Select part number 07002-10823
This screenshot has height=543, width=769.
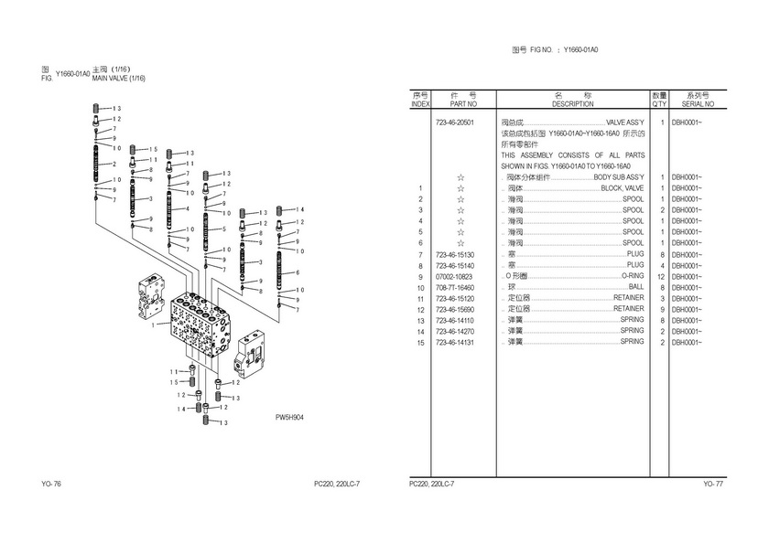click(x=455, y=276)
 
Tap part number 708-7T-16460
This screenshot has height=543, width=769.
click(x=455, y=287)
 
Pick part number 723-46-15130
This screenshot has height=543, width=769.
click(x=455, y=254)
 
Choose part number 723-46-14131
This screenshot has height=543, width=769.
click(x=455, y=342)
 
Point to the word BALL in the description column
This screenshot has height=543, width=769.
click(x=636, y=287)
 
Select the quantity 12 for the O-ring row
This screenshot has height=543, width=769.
click(x=659, y=276)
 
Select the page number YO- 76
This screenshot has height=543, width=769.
click(x=51, y=483)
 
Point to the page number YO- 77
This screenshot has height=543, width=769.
click(x=713, y=483)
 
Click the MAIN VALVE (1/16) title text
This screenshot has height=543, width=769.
click(x=119, y=79)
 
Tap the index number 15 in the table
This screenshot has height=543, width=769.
click(x=420, y=342)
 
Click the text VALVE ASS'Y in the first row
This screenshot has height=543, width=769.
click(x=625, y=122)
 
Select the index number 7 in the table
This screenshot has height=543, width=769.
click(x=420, y=254)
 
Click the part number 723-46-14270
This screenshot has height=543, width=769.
click(x=455, y=331)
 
